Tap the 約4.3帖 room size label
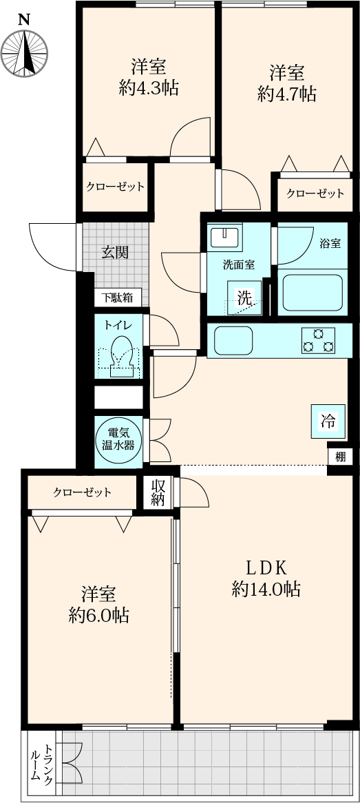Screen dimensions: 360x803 coord(149,89)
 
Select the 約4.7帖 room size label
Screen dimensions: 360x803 coord(287,94)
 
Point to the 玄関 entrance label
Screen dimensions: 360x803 coord(115,252)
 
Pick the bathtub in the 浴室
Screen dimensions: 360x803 coord(313,293)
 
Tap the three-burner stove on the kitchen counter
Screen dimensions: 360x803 coord(318,341)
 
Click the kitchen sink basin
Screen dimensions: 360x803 coord(233,341)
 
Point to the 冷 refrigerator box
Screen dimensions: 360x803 coord(328,421)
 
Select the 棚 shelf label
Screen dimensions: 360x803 coord(340,457)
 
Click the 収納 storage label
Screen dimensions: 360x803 coord(157,493)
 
